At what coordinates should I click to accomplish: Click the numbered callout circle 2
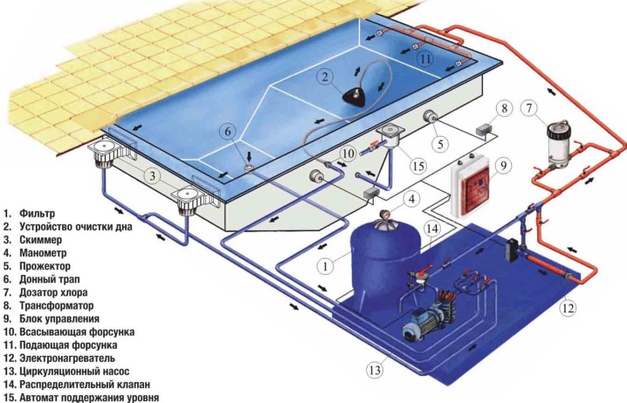[325, 76]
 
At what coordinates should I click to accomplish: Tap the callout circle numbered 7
[529, 108]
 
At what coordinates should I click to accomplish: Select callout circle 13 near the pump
[375, 370]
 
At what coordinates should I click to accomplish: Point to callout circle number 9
[504, 165]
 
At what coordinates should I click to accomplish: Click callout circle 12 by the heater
[568, 308]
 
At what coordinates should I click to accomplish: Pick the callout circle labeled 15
[418, 166]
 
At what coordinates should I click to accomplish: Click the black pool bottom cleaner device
[355, 97]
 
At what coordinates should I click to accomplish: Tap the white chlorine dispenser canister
[559, 143]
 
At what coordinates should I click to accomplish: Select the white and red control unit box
[470, 188]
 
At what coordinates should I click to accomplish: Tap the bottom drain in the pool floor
[250, 168]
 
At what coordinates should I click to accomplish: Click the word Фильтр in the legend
[38, 214]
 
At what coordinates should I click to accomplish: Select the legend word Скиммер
[41, 240]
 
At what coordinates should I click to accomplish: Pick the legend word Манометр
[43, 253]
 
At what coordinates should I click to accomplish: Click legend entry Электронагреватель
[67, 359]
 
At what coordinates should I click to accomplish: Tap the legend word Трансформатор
[57, 306]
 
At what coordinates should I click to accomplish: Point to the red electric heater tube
[545, 265]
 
